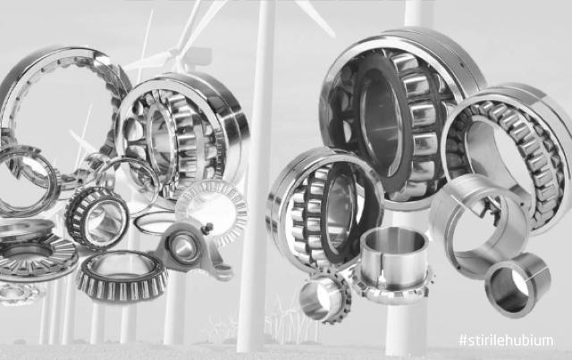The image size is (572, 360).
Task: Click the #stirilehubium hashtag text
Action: tap(506, 341)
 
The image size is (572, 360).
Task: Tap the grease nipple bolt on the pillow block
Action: tap(208, 228)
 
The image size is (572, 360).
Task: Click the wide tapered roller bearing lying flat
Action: tap(122, 276)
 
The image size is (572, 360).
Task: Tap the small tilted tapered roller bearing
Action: tap(97, 218)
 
